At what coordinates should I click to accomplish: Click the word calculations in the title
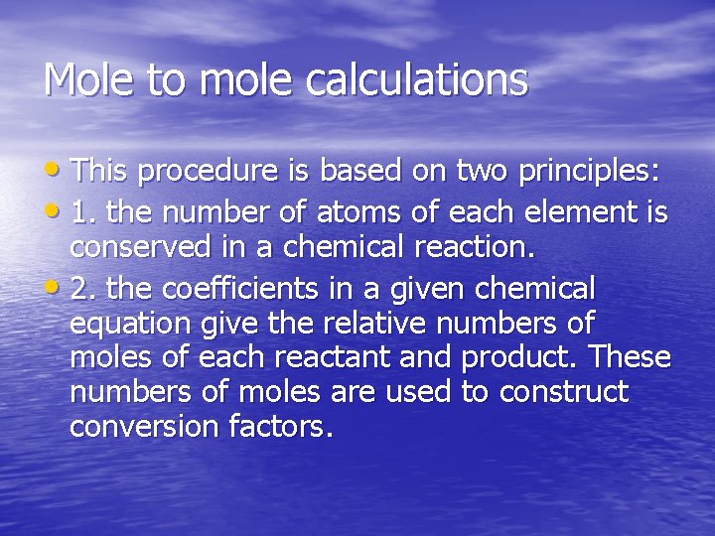point(416,80)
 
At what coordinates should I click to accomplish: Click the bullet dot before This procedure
point(58,171)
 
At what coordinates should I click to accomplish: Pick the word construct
point(563,392)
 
